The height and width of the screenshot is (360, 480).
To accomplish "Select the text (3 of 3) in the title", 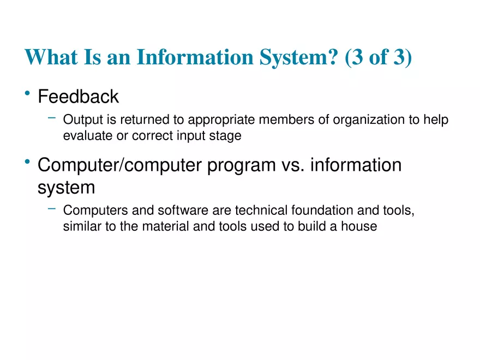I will pos(379,57).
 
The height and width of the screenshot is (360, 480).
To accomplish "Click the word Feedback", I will pos(78,97).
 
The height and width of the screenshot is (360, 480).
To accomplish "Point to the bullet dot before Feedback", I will pos(27,95).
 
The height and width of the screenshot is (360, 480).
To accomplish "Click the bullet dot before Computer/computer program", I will pos(27,163).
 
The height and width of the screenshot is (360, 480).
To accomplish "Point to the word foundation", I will pos(323,211).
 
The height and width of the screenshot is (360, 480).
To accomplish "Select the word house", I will pos(359,226).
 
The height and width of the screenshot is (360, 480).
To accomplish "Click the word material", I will pos(165,226).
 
